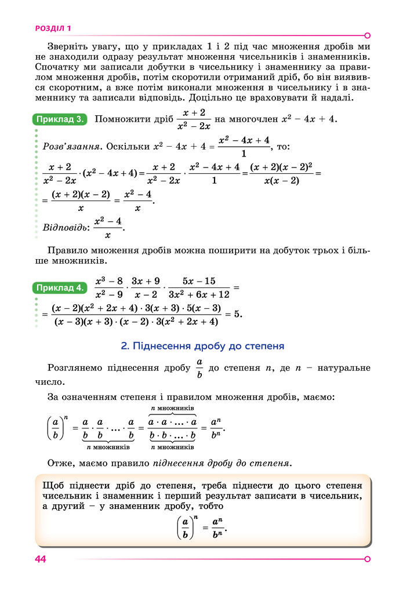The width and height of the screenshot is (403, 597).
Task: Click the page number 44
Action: click(x=40, y=559)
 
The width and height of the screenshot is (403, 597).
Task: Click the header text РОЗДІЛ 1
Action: click(x=53, y=27)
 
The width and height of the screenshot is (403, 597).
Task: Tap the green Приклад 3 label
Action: click(x=60, y=119)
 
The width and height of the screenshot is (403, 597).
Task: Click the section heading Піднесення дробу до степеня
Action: click(x=202, y=346)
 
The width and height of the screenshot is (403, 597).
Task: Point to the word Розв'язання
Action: click(x=66, y=146)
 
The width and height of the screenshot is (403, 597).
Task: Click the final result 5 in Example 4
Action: click(x=237, y=314)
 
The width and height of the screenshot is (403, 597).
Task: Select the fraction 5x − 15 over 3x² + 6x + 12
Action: click(x=199, y=287)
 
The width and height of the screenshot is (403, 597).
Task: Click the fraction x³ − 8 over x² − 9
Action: click(x=108, y=287)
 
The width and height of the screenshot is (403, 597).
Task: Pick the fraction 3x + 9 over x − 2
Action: click(x=146, y=287)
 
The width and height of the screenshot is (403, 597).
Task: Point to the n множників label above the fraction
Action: click(x=172, y=409)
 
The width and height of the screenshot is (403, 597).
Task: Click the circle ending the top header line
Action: click(x=367, y=35)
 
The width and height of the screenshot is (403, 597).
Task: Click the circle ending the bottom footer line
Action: click(x=367, y=559)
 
